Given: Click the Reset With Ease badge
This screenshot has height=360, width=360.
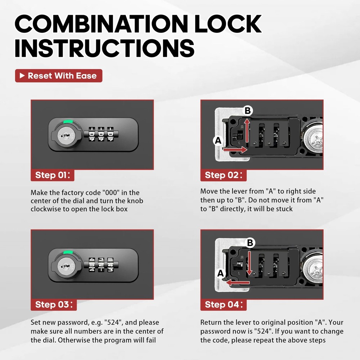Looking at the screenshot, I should (58, 76).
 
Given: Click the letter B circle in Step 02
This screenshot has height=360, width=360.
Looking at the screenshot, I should (247, 111).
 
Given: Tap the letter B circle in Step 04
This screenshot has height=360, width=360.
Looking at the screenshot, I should (250, 243).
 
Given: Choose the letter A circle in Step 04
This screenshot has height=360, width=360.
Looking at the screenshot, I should (221, 274).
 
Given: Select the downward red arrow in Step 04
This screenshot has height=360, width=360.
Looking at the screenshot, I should (248, 263).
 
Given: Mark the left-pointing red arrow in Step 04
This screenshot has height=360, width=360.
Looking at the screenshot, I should (234, 283).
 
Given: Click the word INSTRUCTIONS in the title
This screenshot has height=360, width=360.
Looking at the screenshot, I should (104, 48).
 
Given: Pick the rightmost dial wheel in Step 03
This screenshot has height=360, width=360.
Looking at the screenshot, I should (111, 265).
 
